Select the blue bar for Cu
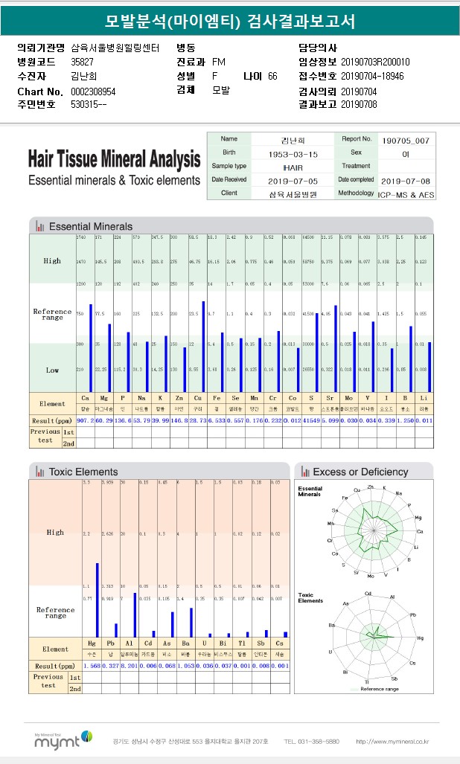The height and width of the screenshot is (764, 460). click(203, 346)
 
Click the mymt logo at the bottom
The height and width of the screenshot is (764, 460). click(63, 740)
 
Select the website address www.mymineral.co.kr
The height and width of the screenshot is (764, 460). click(392, 742)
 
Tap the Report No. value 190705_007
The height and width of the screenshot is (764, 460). click(405, 140)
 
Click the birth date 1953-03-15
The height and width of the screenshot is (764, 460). click(293, 153)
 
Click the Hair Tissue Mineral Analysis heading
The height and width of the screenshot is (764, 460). click(114, 160)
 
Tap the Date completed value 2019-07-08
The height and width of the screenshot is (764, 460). click(406, 180)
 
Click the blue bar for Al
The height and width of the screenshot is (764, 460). click(134, 614)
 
